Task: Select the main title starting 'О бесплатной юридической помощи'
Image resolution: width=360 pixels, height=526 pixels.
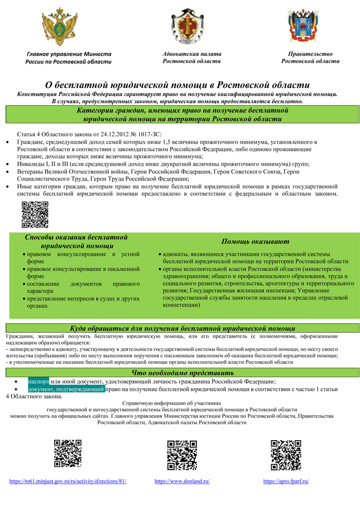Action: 177,84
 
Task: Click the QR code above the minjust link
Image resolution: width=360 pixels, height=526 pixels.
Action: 68,453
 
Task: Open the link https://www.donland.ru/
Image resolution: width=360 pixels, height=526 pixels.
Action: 182,481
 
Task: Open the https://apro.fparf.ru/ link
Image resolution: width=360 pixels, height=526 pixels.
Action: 286,481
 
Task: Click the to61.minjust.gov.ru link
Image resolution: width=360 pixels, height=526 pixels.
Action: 68,481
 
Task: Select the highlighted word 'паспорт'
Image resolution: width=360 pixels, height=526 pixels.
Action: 38,381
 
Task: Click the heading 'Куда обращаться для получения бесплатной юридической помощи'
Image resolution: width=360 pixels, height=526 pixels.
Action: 182,328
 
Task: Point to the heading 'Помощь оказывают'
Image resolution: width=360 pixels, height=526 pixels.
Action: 255,241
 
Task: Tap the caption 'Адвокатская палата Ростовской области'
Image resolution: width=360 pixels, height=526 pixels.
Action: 192,57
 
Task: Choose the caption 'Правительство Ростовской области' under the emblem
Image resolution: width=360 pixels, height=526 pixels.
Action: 310,57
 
